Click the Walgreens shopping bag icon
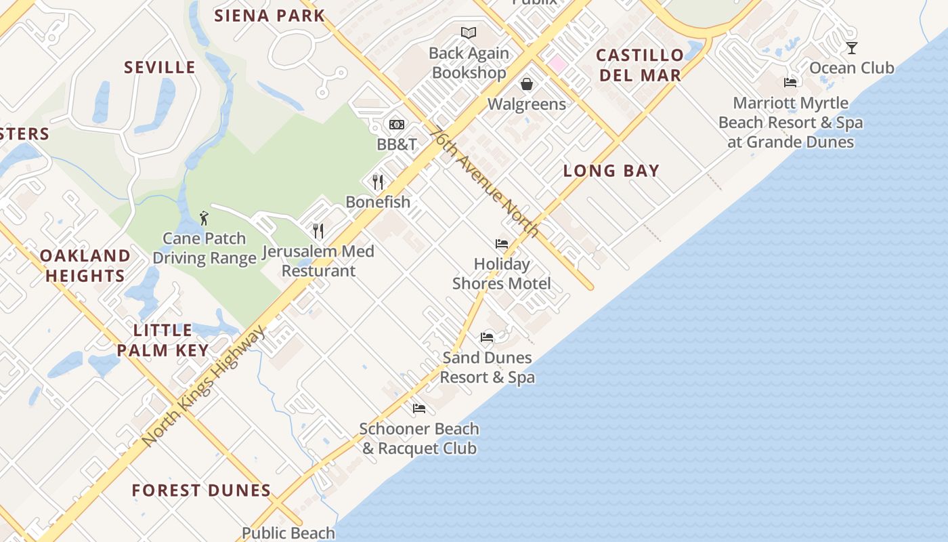pos(527,84)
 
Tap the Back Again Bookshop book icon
pos(469,33)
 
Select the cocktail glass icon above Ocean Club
pos(851,47)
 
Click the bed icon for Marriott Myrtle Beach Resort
pos(790,83)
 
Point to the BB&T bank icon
pos(397,125)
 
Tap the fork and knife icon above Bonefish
pos(378,182)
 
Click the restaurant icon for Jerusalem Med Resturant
pos(318,231)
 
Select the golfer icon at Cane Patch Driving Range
pos(204,218)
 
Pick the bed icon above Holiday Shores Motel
pos(502,244)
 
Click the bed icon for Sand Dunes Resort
pos(487,337)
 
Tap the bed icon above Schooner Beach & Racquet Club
pos(419,409)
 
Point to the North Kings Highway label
pos(204,386)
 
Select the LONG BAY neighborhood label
pos(611,171)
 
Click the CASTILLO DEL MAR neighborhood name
pos(640,65)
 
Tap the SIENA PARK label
pos(270,16)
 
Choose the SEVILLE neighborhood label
pos(160,68)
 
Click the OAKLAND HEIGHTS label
pos(85,266)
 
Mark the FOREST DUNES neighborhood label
pos(201,491)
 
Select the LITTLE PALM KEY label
pos(163,340)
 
